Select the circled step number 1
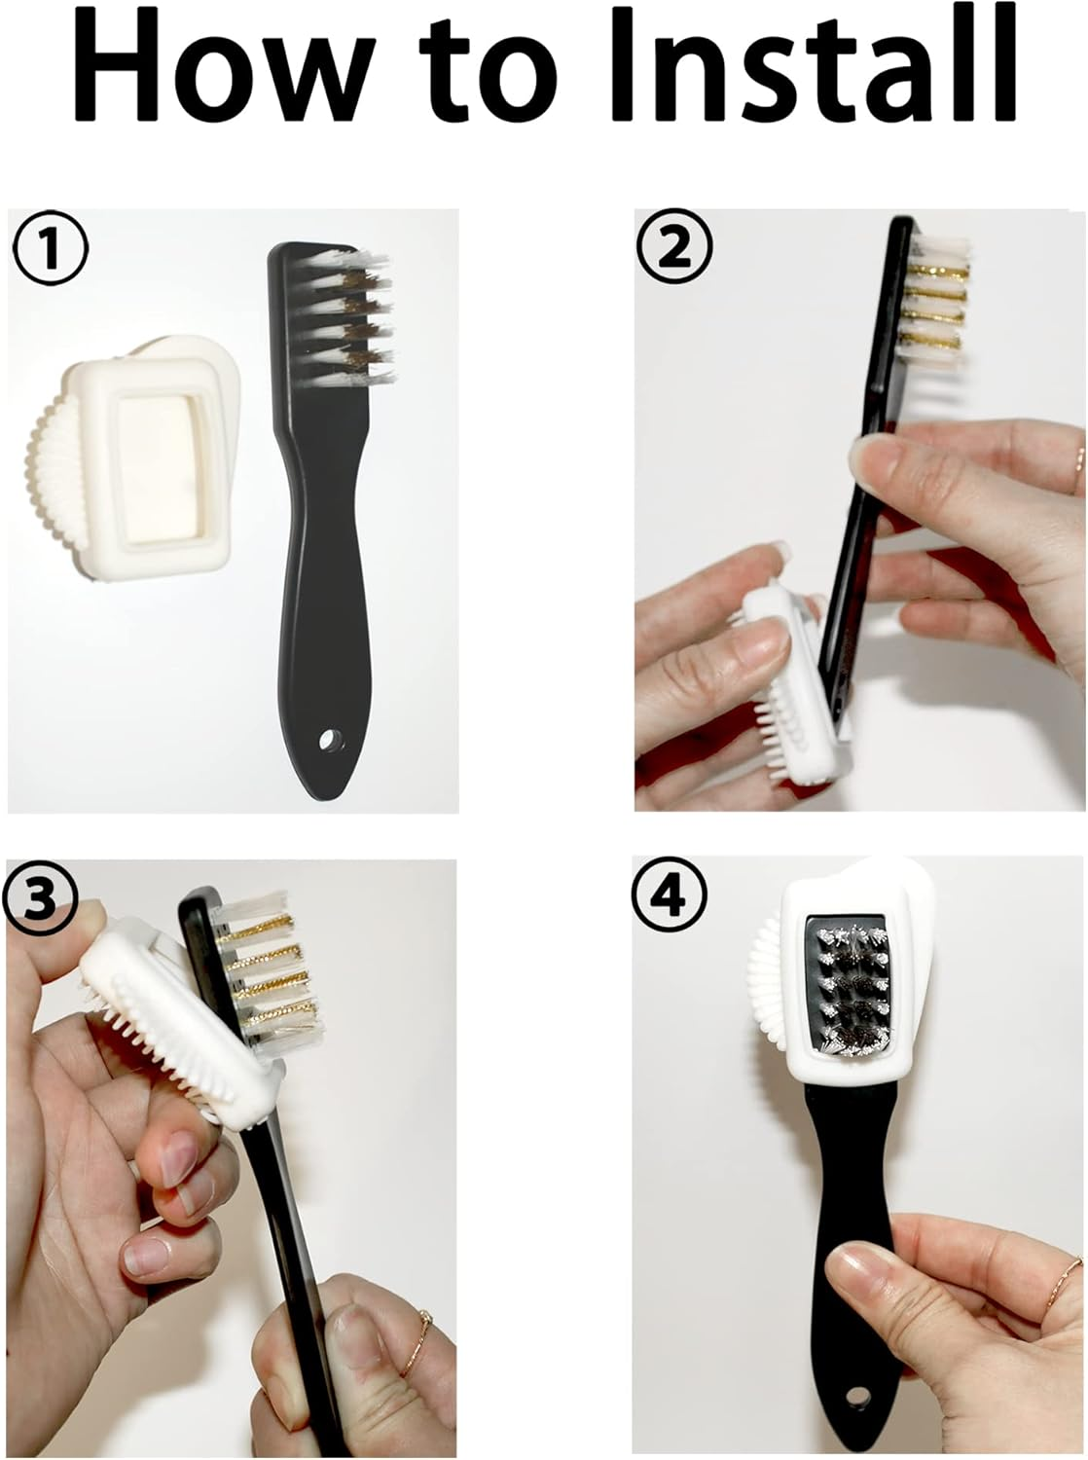click(49, 250)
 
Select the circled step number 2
click(673, 249)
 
